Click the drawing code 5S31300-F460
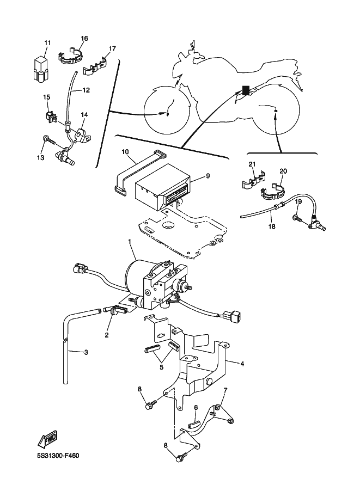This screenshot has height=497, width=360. click(x=58, y=456)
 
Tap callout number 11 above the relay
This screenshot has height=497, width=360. click(x=47, y=42)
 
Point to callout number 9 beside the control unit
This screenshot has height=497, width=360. click(x=208, y=176)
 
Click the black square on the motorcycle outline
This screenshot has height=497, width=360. click(x=246, y=90)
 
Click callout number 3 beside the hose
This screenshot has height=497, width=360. click(x=86, y=352)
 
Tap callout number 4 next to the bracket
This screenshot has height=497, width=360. click(x=242, y=364)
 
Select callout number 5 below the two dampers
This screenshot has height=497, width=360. click(x=161, y=367)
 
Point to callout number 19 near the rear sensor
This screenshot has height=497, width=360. click(x=298, y=201)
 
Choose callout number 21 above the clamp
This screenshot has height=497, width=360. click(x=252, y=164)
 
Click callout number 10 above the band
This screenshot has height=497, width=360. click(x=125, y=152)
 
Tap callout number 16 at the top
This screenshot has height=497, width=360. click(x=84, y=38)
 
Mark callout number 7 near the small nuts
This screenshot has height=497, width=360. click(x=225, y=390)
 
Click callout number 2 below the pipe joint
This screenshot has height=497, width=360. click(x=107, y=335)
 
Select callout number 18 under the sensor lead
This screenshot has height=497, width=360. click(x=272, y=226)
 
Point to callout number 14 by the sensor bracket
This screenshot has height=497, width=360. click(x=84, y=114)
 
